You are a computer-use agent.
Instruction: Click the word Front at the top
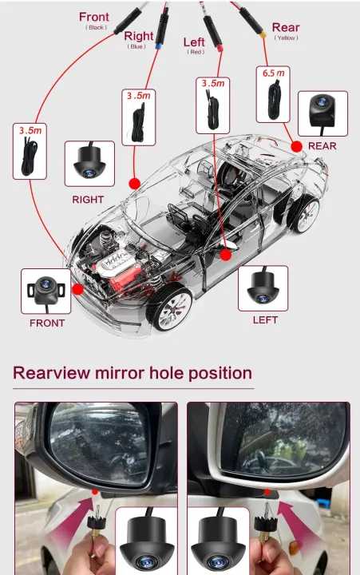click(x=94, y=17)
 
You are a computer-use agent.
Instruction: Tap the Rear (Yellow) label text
click(x=286, y=28)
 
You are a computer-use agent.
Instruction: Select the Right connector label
click(x=138, y=36)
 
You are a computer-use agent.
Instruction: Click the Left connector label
click(x=194, y=42)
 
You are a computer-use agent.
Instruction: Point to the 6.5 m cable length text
click(x=271, y=73)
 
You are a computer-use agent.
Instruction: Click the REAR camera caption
click(x=322, y=145)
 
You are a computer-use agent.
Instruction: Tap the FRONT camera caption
click(x=47, y=323)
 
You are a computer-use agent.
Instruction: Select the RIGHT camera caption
click(x=88, y=199)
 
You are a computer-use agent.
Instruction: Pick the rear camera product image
click(x=322, y=113)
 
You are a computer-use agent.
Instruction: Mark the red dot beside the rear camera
click(x=296, y=146)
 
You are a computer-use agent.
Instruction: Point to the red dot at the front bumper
click(x=77, y=289)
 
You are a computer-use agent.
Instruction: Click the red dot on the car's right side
click(x=134, y=183)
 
